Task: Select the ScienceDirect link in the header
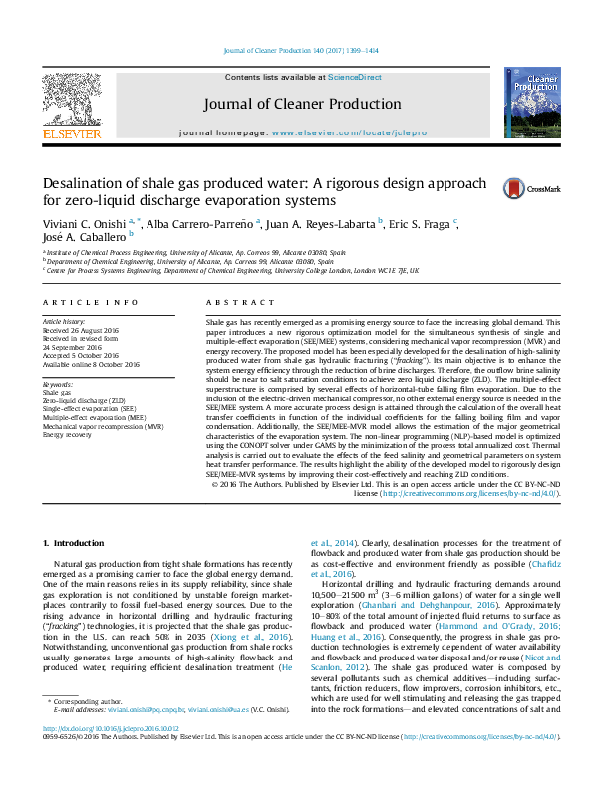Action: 355,77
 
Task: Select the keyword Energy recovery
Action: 67,435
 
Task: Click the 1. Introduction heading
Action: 77,542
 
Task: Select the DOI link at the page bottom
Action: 102,756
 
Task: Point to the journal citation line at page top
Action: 296,49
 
